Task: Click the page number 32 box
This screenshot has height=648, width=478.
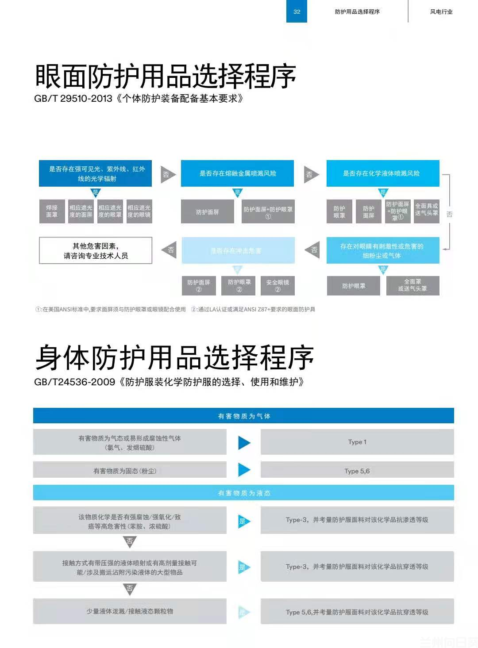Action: tap(297, 12)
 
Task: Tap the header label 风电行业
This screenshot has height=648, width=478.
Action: tap(441, 12)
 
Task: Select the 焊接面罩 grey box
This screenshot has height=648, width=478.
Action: tap(52, 211)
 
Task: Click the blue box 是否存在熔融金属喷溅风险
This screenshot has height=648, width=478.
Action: tap(237, 173)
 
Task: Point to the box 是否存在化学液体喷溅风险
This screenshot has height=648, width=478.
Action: tap(382, 173)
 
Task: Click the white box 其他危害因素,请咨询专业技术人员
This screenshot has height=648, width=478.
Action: tap(96, 251)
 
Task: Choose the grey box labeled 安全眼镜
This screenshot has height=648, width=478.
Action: tap(278, 285)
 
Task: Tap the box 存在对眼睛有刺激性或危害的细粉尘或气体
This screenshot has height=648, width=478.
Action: tap(382, 251)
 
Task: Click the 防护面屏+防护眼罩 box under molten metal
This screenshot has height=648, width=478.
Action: tap(268, 212)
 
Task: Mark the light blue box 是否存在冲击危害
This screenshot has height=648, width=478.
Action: tap(238, 251)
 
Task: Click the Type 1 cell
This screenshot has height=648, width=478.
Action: tap(357, 442)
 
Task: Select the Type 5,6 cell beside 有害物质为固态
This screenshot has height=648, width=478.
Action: tap(357, 471)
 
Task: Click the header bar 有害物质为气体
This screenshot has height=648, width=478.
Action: tap(243, 416)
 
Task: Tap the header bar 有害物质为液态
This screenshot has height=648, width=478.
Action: tap(243, 493)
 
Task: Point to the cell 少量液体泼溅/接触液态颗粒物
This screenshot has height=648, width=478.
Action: tap(130, 611)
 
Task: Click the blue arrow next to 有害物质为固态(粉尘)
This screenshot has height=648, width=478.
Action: tap(244, 470)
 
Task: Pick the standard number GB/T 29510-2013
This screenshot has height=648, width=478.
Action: tap(73, 99)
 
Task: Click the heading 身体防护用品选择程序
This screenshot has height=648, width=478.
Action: tap(174, 357)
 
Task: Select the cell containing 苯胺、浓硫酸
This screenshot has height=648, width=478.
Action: tap(130, 521)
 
